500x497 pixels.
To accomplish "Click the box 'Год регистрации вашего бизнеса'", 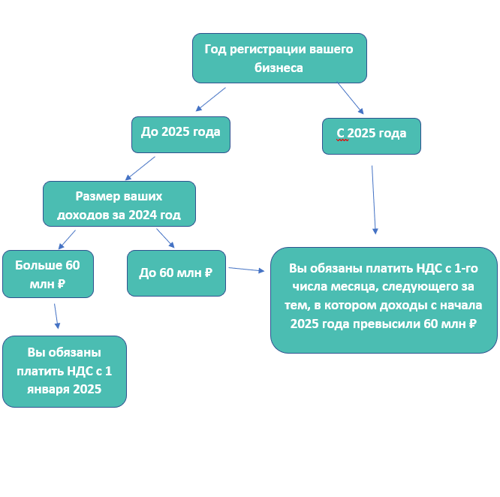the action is [x=279, y=58].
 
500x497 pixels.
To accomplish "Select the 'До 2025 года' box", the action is [x=180, y=134].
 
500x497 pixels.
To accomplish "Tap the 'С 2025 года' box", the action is [x=371, y=136].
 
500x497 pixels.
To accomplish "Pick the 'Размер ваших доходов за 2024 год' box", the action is [x=119, y=203].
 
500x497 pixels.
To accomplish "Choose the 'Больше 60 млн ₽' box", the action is [x=47, y=274].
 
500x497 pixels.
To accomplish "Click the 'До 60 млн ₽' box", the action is [x=176, y=273].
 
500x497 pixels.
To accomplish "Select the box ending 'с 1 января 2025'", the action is [x=64, y=371].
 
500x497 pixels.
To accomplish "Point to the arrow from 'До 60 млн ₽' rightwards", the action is [x=246, y=270].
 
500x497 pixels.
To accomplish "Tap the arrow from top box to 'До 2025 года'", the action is [x=210, y=99].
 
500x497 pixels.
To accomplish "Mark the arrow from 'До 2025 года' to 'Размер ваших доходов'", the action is [x=140, y=168].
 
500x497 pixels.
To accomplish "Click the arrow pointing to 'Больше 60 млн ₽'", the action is [x=67, y=239].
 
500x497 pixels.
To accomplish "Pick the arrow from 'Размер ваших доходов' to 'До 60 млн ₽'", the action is [x=165, y=238].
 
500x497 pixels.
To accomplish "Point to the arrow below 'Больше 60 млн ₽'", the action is [x=56, y=316].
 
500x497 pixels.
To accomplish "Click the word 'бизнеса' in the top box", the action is [x=279, y=68].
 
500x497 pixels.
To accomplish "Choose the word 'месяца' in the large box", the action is [x=350, y=287].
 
